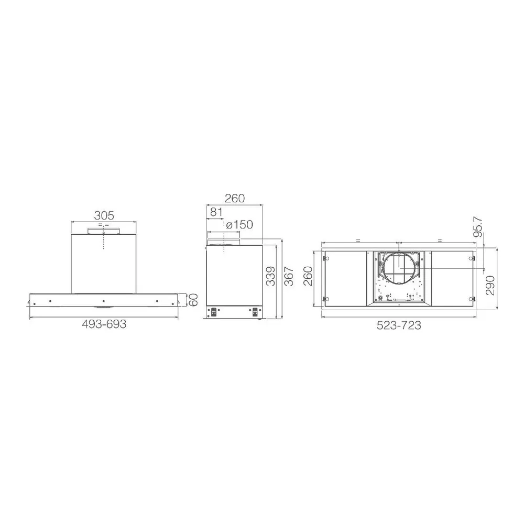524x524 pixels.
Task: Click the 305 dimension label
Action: pos(104,215)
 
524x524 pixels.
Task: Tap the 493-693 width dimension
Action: pos(104,324)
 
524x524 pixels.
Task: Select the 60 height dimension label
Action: pos(193,300)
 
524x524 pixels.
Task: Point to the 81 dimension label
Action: pos(216,212)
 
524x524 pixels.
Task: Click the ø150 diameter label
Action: pos(239,225)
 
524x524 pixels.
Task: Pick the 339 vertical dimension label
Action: pos(271,276)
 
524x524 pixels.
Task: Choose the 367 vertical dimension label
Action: pos(288,276)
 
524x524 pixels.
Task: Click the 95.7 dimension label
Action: pos(478,227)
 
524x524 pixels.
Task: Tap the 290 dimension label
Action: pos(490,285)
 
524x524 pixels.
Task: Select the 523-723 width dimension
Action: pos(399,325)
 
